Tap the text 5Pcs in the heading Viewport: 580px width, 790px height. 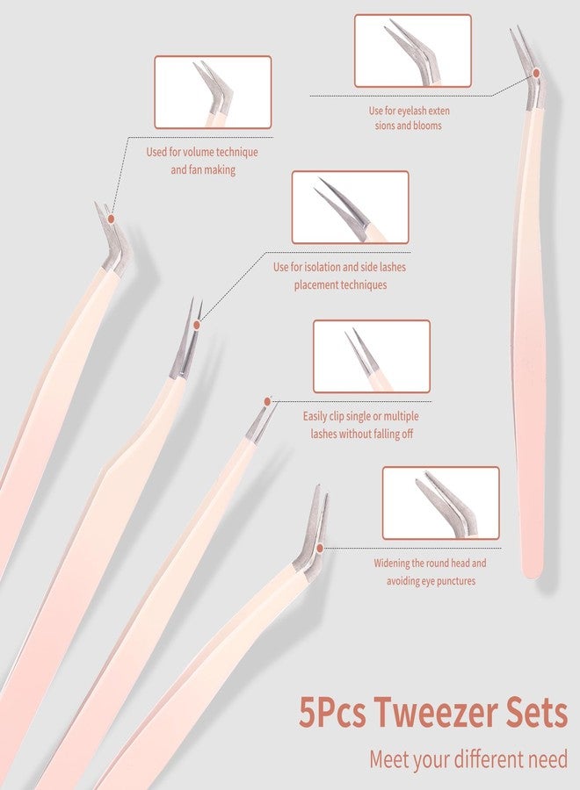click(332, 713)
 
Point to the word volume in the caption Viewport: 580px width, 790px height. click(199, 152)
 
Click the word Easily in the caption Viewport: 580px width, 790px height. click(315, 417)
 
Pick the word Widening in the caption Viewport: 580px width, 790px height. click(391, 564)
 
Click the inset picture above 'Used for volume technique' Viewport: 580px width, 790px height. click(213, 92)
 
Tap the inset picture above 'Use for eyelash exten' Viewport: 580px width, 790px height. click(412, 51)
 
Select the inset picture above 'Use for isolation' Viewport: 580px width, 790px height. click(350, 207)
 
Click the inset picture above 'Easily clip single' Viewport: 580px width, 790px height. click(372, 356)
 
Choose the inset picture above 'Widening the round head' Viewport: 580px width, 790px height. click(441, 503)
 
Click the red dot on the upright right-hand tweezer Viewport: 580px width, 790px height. click(536, 73)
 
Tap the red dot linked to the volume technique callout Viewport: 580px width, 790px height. click(111, 219)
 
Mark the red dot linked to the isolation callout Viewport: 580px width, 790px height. click(197, 325)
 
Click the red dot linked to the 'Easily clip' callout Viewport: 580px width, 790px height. click(267, 401)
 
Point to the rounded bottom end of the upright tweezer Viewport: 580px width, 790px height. click(531, 573)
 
